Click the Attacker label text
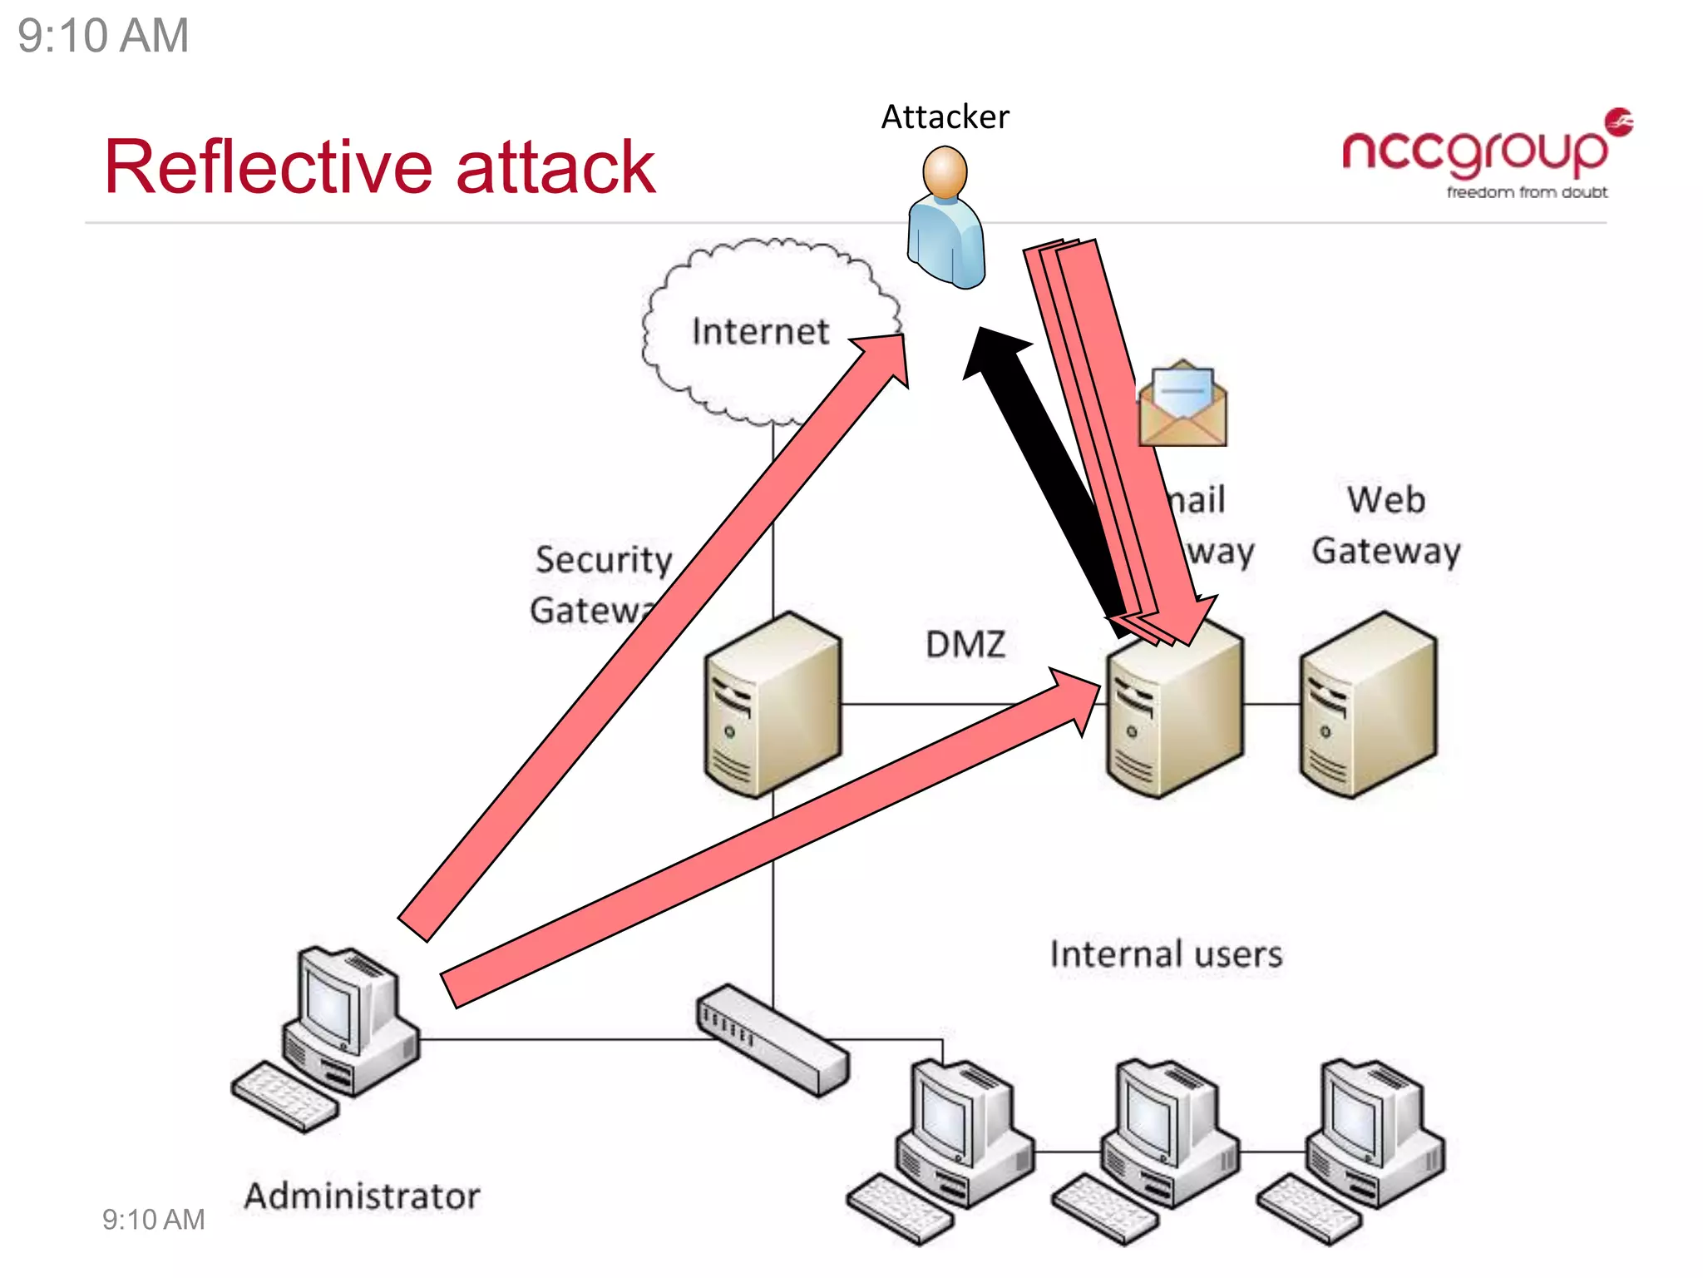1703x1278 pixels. (945, 117)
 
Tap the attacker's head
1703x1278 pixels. (945, 172)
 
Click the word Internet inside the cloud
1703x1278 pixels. (760, 332)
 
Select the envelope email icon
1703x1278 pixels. (1182, 405)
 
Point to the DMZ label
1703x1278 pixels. (965, 645)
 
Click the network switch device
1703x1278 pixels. (773, 1039)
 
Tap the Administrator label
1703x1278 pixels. (362, 1196)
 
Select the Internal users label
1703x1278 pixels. (1166, 954)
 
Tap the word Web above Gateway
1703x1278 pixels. (1385, 500)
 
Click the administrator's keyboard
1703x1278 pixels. (284, 1097)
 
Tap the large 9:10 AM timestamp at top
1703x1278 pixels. (103, 37)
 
